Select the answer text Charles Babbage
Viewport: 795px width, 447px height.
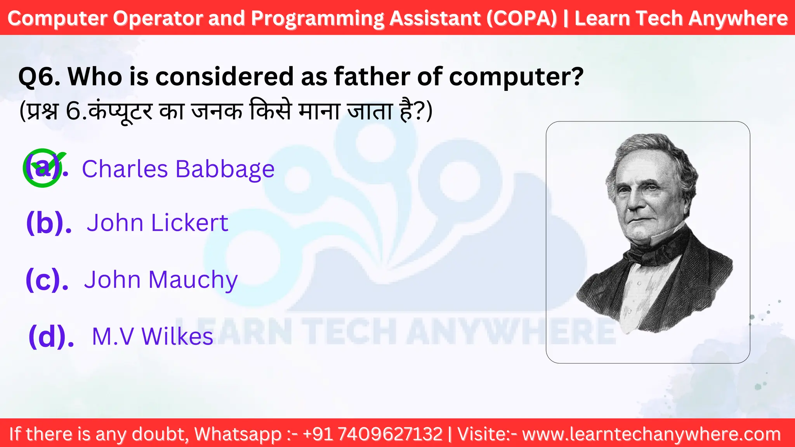tap(178, 169)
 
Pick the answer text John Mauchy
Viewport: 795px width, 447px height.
tap(161, 279)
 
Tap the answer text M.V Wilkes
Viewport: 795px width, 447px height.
tap(153, 336)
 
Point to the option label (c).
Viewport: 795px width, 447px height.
tap(47, 279)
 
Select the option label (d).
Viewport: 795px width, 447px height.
tap(51, 336)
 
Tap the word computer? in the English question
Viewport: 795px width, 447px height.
tap(516, 76)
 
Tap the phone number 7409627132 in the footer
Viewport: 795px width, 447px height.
tap(390, 434)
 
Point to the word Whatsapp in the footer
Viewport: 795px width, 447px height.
tap(238, 434)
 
